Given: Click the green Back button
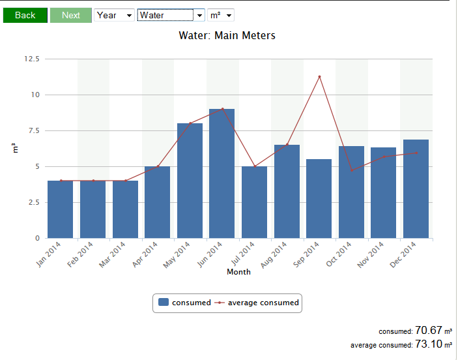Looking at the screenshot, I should [25, 15].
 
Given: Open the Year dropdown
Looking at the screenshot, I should [114, 15].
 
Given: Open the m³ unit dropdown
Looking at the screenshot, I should [220, 15].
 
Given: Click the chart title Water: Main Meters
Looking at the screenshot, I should [227, 35].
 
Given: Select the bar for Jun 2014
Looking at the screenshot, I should [222, 173].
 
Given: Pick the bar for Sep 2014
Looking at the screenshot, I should [319, 199].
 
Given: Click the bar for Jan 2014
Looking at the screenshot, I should [61, 209].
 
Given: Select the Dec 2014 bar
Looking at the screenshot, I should [416, 188].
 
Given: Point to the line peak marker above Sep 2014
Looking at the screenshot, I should [319, 77].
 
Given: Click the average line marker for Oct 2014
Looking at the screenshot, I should [352, 171].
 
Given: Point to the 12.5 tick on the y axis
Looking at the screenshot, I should [31, 59].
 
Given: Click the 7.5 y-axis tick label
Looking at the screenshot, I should [33, 130].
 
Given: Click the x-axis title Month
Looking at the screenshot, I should [238, 272].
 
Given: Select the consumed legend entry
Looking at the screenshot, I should [185, 303].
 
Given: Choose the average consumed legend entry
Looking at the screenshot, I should [259, 303].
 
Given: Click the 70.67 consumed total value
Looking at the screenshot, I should [427, 331].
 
